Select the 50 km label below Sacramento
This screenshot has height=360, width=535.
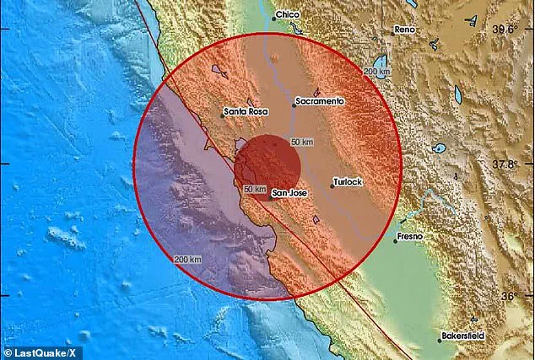[x=301, y=141]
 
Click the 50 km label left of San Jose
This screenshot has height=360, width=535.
[x=254, y=188]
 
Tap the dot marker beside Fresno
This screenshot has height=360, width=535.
[x=396, y=239]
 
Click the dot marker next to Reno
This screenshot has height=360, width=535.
[x=392, y=30]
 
